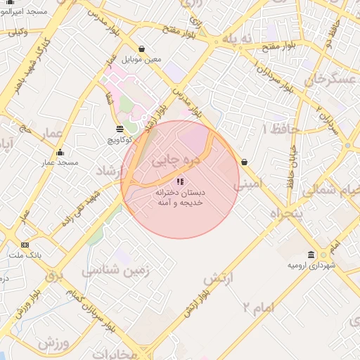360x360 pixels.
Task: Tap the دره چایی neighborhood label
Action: point(176,160)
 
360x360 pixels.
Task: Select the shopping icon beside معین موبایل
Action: point(143,49)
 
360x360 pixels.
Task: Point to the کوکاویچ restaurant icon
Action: point(120,129)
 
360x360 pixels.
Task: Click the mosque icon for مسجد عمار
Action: point(60,153)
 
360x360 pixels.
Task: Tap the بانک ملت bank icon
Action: point(25,245)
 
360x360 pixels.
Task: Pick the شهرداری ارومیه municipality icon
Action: point(311,255)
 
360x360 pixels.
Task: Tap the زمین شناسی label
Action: point(115,269)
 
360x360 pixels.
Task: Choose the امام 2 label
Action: point(259,307)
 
